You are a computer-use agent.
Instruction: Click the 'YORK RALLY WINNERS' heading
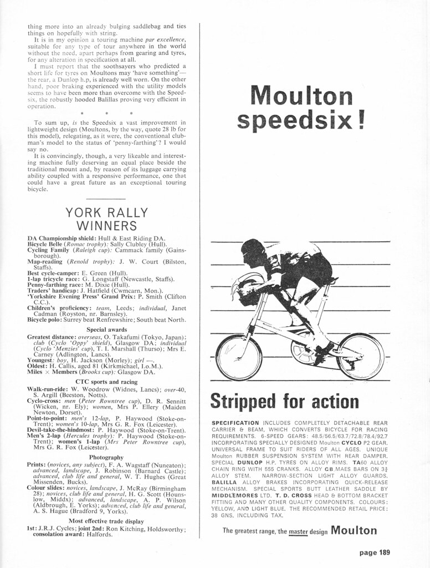(107, 219)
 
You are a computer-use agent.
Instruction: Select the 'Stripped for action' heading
(285, 400)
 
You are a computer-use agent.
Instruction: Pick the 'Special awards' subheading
(107, 329)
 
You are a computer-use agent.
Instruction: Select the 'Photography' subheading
(107, 457)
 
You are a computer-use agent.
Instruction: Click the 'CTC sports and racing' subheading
(107, 382)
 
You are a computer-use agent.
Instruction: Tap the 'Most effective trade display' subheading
(107, 521)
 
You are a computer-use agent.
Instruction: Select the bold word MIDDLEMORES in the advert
(236, 495)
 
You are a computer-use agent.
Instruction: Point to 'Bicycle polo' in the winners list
(45, 320)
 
